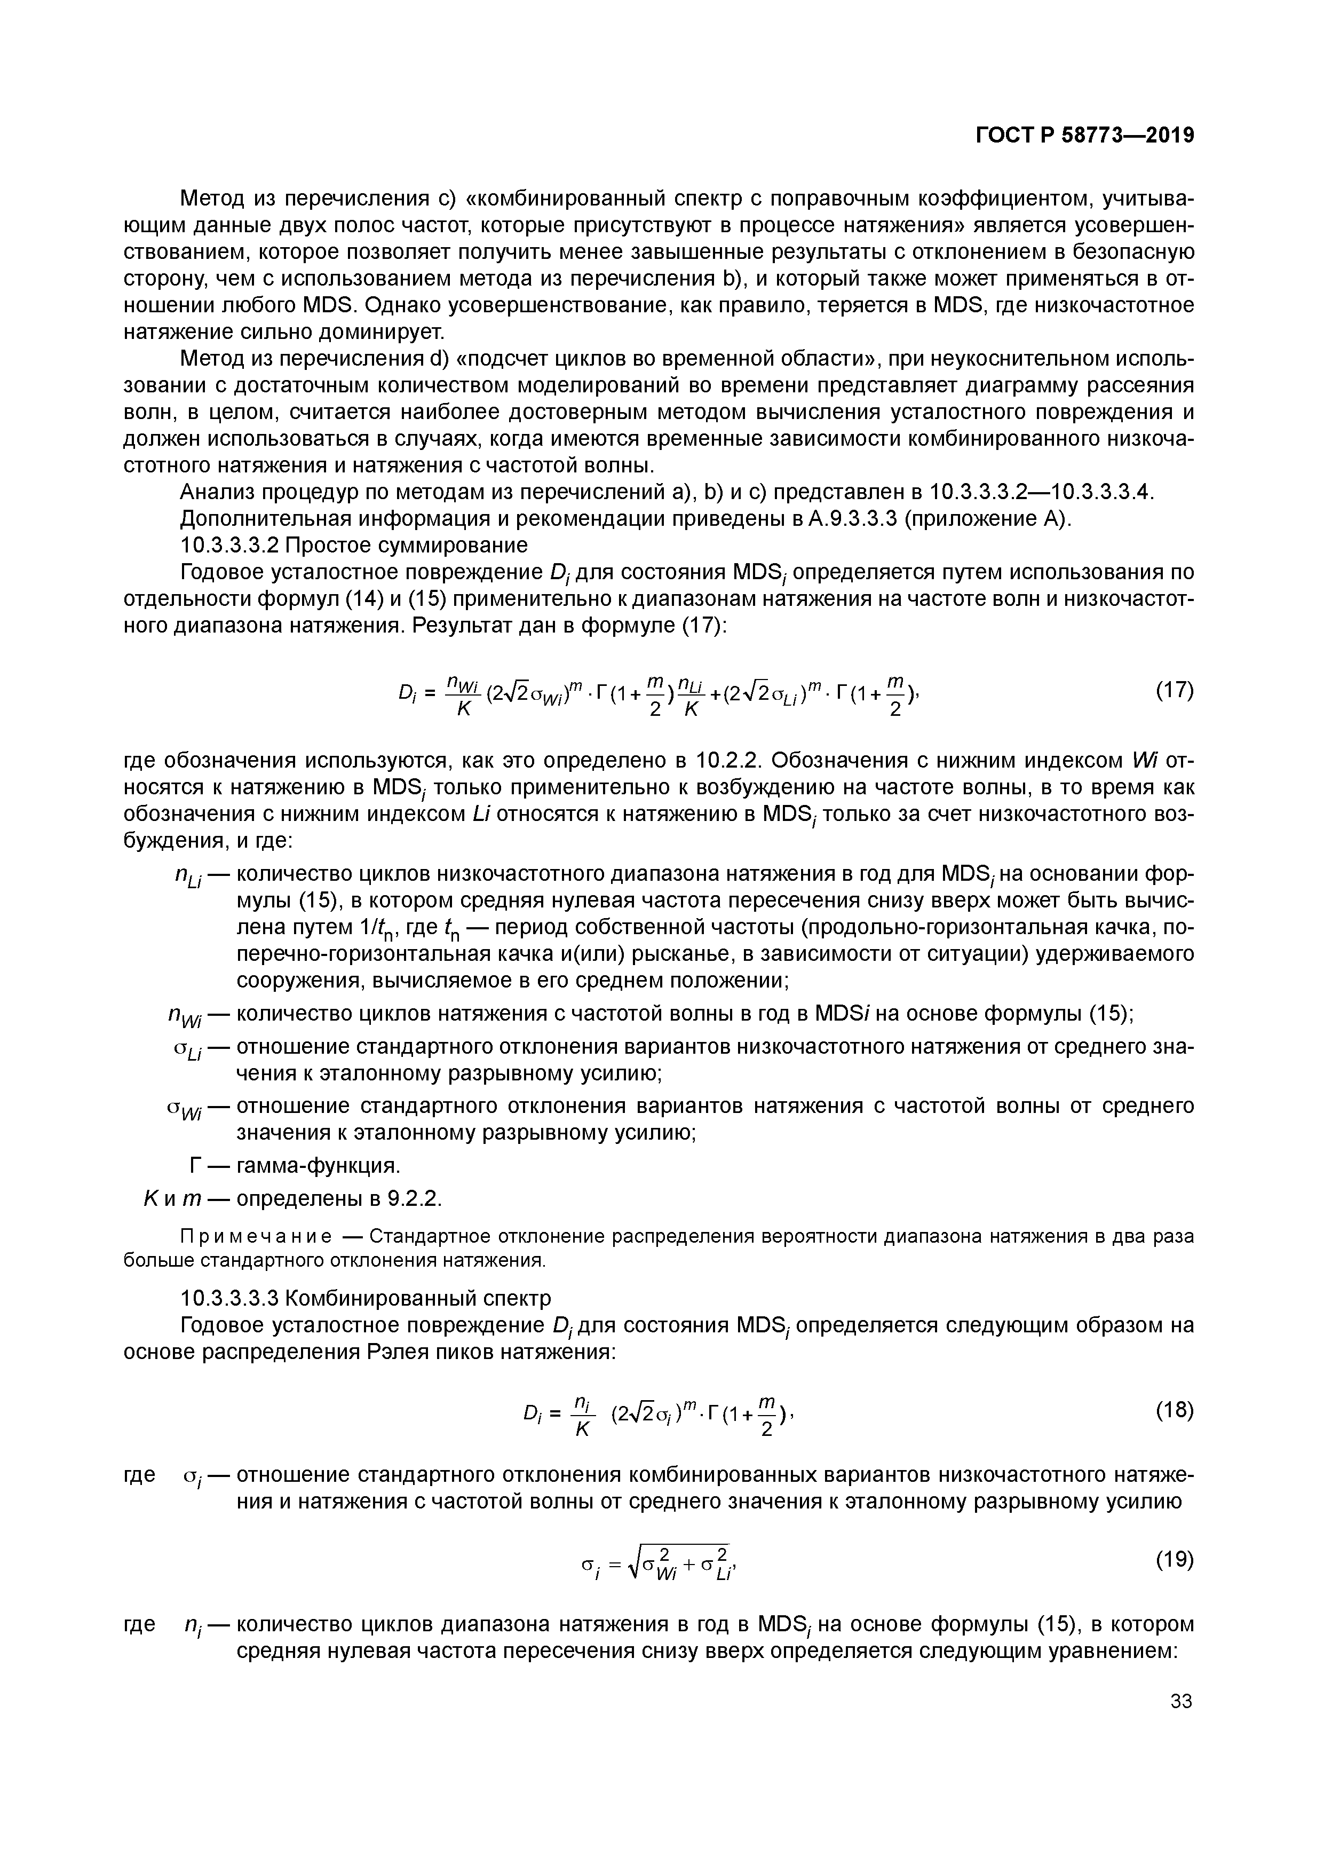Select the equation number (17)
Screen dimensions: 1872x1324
click(x=1174, y=691)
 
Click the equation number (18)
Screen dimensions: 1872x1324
click(x=1174, y=1410)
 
